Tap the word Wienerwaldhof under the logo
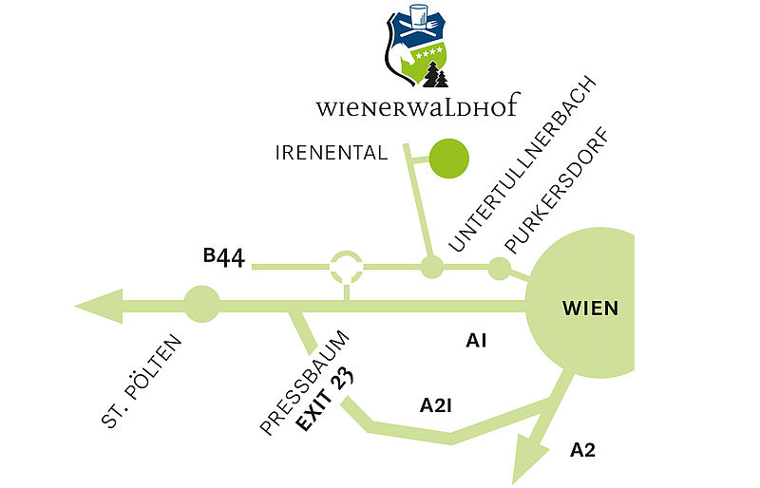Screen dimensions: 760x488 (418, 105)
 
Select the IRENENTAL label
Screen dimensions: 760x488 (332, 153)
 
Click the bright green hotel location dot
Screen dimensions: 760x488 (448, 159)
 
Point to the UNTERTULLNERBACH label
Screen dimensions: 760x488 (522, 164)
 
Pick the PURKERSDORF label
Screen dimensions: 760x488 (557, 191)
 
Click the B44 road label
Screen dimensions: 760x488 (224, 257)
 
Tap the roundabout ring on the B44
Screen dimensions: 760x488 (346, 267)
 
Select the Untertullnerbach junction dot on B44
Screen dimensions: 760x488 (431, 267)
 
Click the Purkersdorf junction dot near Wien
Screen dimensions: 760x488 (500, 269)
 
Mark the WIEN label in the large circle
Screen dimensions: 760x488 (590, 309)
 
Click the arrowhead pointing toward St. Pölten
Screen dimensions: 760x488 (99, 307)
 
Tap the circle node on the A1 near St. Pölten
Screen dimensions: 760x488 (202, 305)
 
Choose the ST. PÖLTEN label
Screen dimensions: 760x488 (142, 382)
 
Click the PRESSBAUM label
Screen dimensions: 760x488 (304, 383)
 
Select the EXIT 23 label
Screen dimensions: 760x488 (325, 401)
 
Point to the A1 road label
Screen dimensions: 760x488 (476, 341)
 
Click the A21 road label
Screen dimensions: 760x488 (436, 405)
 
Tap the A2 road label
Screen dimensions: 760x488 (582, 450)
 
